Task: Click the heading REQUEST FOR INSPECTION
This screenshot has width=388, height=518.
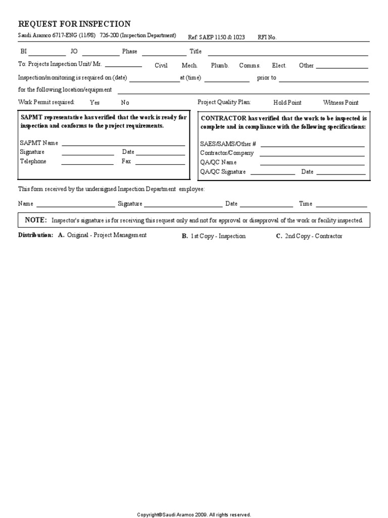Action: [x=74, y=24]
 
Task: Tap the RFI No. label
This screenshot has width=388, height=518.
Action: [x=267, y=37]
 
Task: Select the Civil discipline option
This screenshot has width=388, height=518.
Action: [x=161, y=66]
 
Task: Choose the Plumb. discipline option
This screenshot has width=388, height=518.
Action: [x=220, y=66]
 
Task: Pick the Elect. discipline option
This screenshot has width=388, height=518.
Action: [x=279, y=66]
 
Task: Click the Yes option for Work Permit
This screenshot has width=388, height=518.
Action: [x=94, y=103]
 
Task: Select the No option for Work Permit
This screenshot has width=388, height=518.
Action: [x=125, y=103]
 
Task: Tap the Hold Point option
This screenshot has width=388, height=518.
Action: [x=287, y=103]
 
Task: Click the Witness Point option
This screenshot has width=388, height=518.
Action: [x=341, y=103]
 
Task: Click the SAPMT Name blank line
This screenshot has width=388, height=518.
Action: [x=123, y=145]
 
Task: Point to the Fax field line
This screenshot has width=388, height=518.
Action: [x=160, y=163]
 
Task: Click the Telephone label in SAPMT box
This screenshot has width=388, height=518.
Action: [x=33, y=161]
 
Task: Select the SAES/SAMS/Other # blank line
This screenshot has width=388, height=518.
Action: [x=312, y=146]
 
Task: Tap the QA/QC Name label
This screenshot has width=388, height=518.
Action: [x=218, y=162]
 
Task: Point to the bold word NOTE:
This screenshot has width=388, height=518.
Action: [x=36, y=220]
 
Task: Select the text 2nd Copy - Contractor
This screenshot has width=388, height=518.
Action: [x=313, y=236]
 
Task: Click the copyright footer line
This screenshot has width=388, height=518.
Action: [x=194, y=514]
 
